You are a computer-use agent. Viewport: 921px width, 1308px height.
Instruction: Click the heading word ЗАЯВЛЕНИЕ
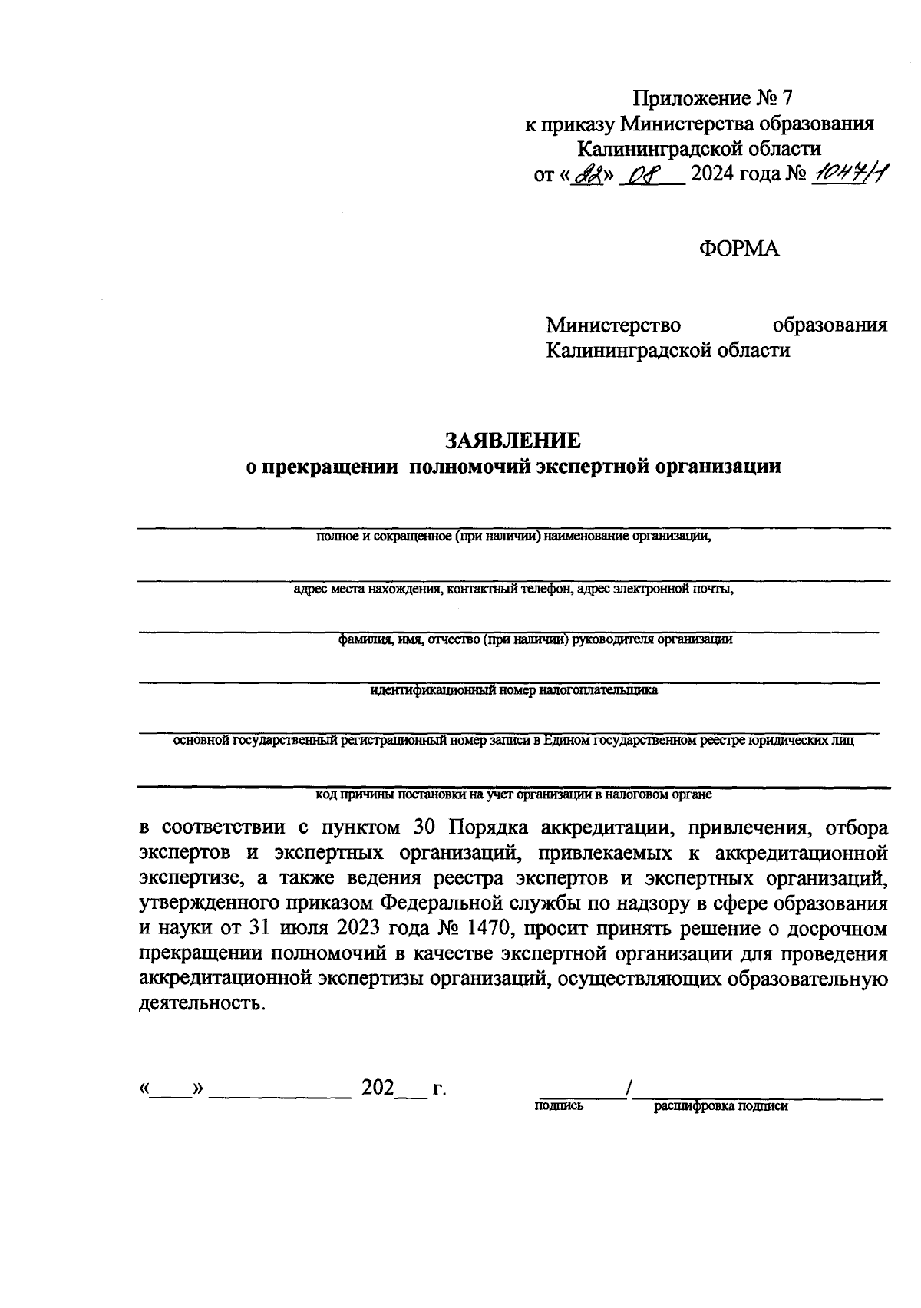pyautogui.click(x=513, y=440)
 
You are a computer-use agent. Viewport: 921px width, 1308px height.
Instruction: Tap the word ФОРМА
pyautogui.click(x=739, y=249)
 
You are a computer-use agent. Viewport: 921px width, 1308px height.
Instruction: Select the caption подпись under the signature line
pyautogui.click(x=558, y=1106)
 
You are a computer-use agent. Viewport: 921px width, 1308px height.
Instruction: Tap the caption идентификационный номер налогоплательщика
pyautogui.click(x=513, y=690)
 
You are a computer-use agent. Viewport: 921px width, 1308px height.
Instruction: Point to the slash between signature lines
pyautogui.click(x=629, y=1088)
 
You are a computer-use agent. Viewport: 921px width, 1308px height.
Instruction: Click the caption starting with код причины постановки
pyautogui.click(x=514, y=795)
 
